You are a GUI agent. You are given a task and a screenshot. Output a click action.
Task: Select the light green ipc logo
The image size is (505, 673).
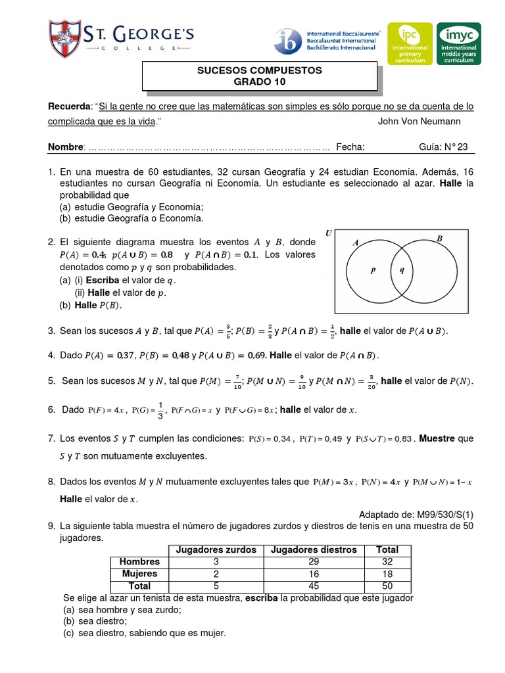(x=410, y=43)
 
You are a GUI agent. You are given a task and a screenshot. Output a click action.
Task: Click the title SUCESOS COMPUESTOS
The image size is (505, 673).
(x=260, y=70)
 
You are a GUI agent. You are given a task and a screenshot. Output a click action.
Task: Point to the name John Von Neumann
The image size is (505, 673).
(x=420, y=122)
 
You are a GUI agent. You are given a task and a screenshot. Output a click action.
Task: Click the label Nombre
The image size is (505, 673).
(x=66, y=147)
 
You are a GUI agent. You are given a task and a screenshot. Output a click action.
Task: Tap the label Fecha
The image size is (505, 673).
(x=350, y=147)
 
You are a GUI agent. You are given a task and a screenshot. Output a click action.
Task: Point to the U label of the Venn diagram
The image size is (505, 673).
(x=329, y=233)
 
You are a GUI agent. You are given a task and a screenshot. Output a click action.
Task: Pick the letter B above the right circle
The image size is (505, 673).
(x=440, y=239)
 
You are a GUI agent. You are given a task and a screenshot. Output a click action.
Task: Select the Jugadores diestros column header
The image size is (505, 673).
(x=314, y=549)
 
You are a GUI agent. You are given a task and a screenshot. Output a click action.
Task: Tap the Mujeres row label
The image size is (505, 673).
(x=139, y=574)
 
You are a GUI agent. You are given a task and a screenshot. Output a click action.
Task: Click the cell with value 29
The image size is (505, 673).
(x=314, y=562)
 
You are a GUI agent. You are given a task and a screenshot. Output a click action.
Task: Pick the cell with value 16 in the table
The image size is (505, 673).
(x=314, y=574)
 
